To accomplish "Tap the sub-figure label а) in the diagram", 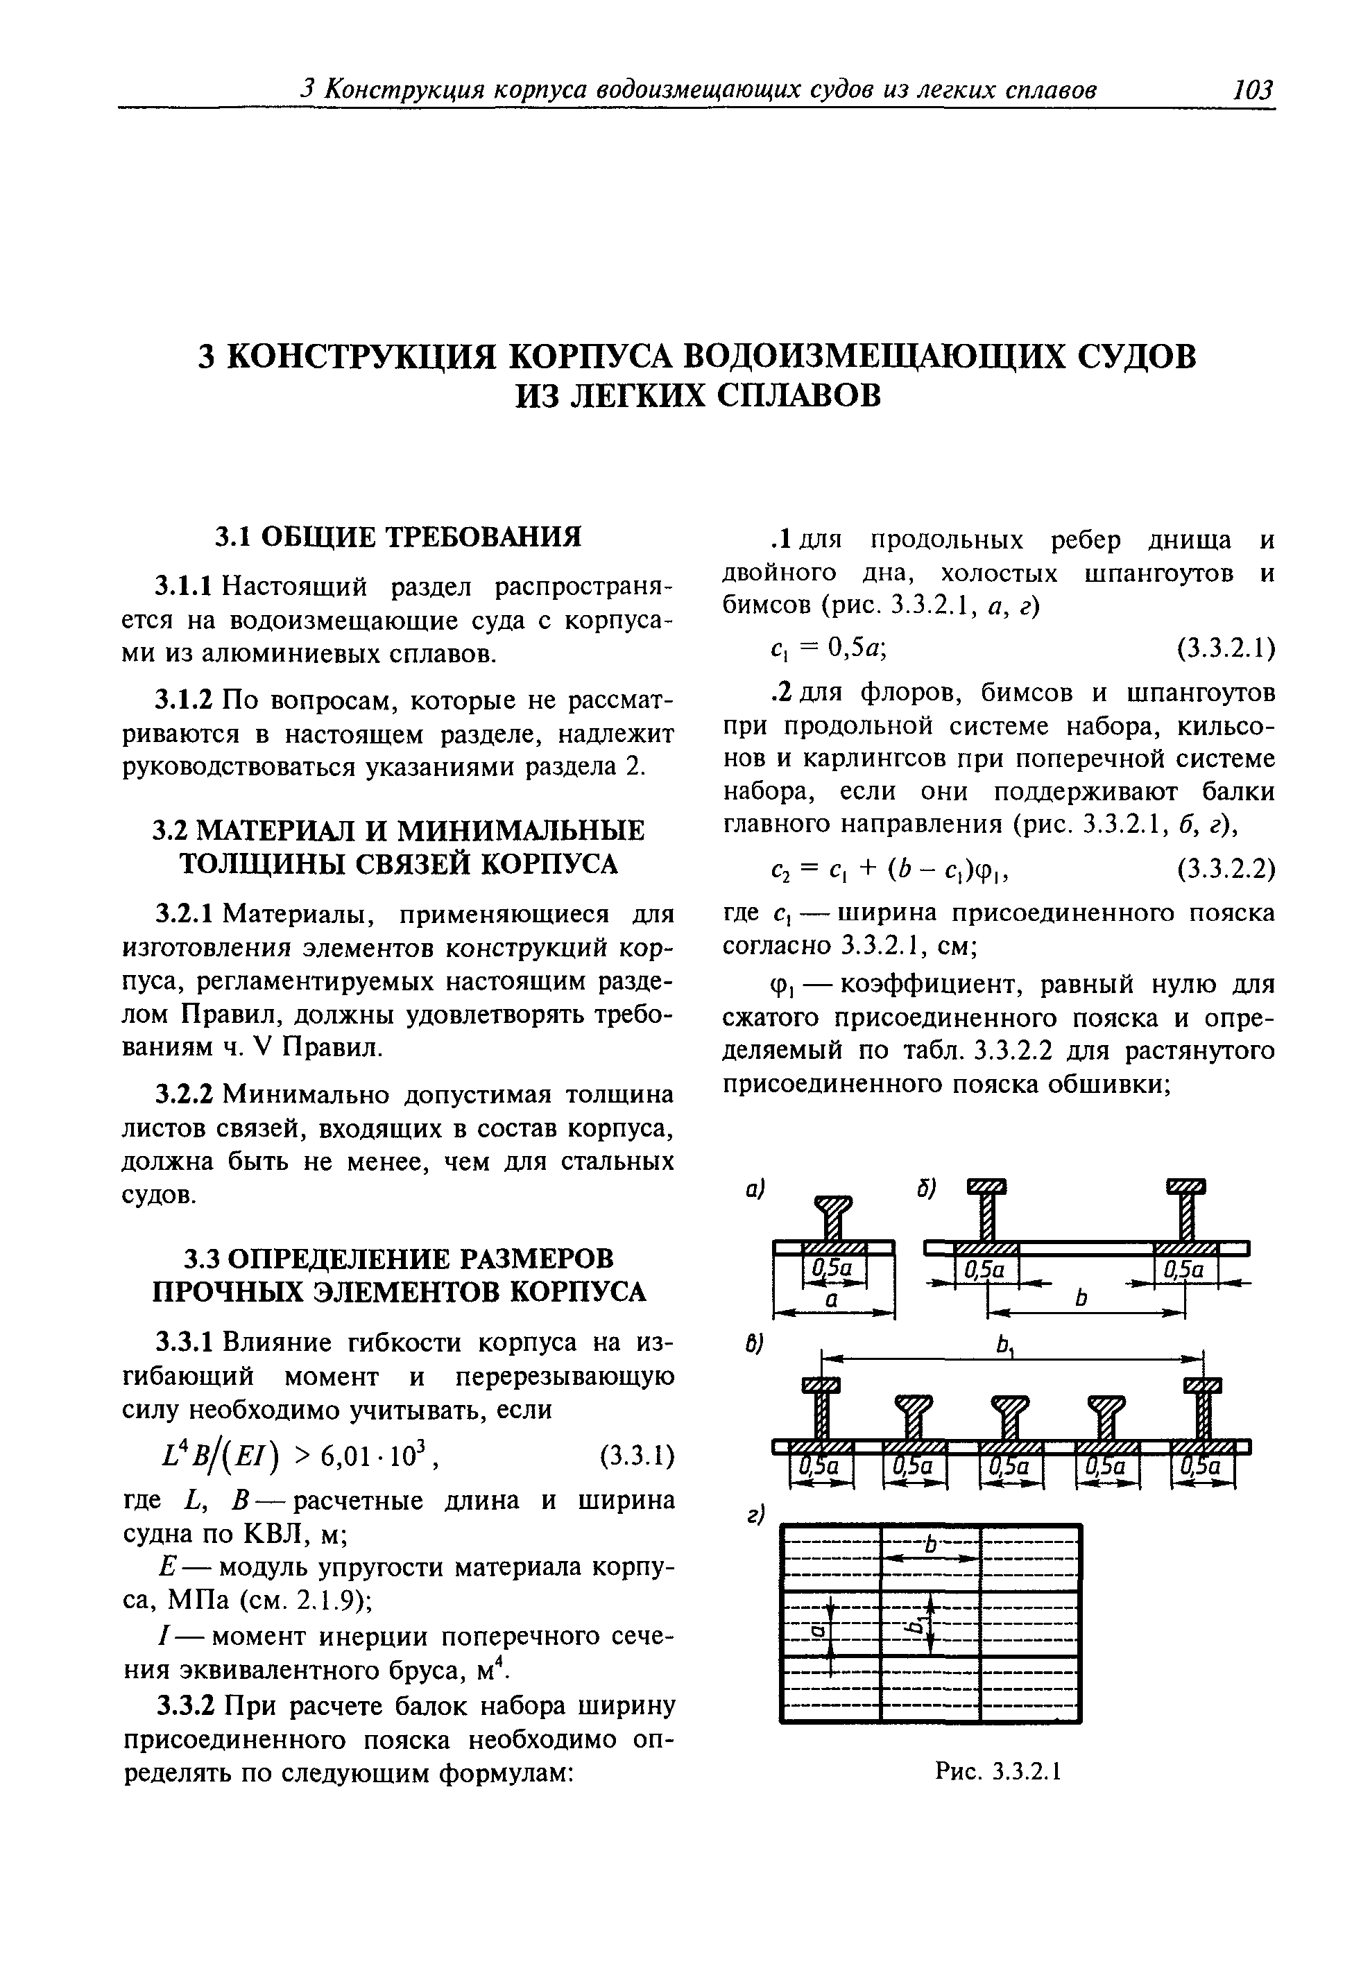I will pos(753,1189).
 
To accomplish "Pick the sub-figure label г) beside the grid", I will pos(753,1515).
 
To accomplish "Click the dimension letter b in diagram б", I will pos(1081,1299).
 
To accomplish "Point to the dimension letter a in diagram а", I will pos(830,1299).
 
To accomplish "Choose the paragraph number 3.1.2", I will pos(184,700).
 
